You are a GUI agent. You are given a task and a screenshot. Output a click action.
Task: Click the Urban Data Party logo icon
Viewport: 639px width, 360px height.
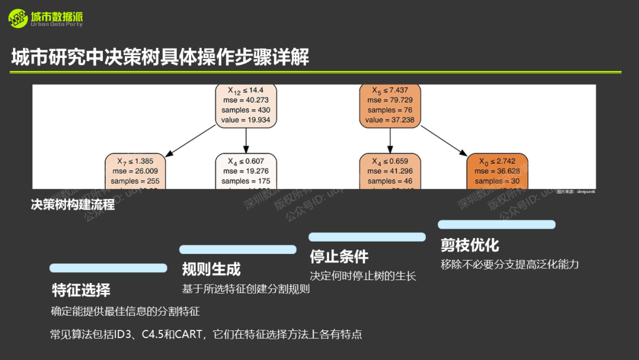[18, 18]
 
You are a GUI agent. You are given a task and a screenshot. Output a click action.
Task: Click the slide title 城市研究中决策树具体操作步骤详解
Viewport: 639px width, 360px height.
[160, 57]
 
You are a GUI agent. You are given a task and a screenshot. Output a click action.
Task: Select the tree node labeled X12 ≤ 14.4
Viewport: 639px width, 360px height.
[246, 105]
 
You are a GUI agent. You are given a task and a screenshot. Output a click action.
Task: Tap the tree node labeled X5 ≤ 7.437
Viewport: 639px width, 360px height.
[389, 105]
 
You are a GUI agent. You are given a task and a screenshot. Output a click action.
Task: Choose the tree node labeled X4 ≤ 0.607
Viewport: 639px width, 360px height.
[246, 172]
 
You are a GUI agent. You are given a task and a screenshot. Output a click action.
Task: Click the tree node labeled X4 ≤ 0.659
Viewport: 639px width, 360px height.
[390, 172]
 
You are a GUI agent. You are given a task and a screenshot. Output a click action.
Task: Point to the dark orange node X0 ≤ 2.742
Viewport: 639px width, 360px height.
[497, 172]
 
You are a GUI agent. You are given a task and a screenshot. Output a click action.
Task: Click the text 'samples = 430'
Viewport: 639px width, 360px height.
[246, 110]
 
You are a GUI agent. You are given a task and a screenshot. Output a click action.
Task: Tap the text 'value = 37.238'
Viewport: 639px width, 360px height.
[389, 120]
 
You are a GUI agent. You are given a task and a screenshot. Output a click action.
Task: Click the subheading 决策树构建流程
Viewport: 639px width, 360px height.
[73, 205]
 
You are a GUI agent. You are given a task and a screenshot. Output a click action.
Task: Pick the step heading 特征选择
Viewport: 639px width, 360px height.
[81, 290]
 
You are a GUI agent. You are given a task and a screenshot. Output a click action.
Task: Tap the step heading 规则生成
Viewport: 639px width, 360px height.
[211, 269]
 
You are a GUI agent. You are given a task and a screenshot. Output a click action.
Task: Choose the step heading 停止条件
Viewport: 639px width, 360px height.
[339, 256]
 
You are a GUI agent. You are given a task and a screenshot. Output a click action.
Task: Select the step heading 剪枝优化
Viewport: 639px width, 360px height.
[470, 245]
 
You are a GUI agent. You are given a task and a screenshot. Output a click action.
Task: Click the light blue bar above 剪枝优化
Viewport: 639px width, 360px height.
[496, 224]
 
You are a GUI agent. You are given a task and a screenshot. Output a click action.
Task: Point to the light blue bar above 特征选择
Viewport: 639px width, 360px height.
[108, 268]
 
